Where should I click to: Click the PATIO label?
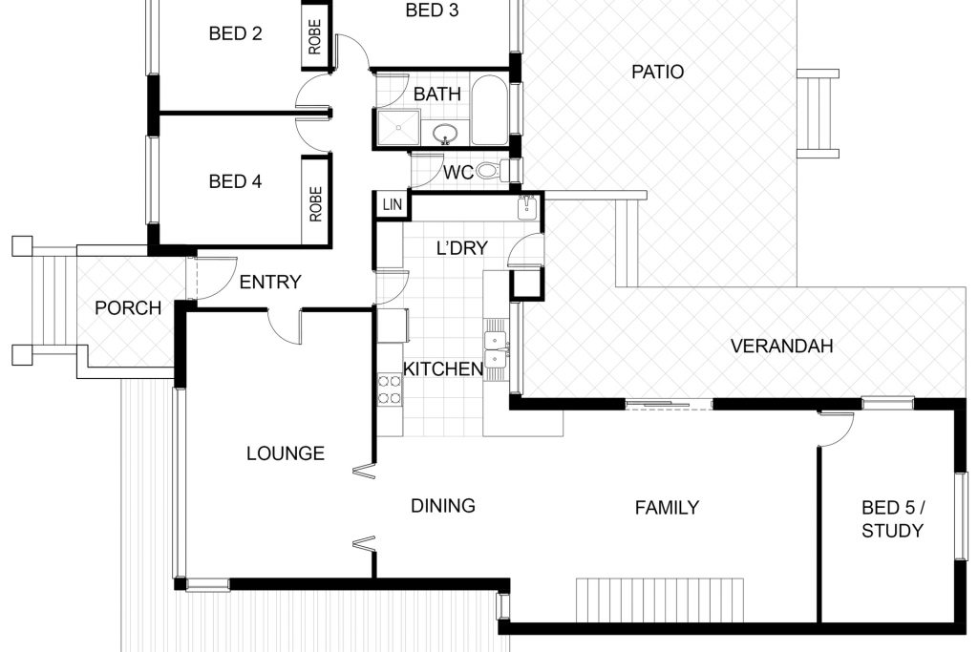pyautogui.click(x=657, y=72)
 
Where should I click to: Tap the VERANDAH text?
pyautogui.click(x=781, y=346)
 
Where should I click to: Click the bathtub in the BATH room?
pyautogui.click(x=490, y=111)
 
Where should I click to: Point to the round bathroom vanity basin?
pyautogui.click(x=445, y=133)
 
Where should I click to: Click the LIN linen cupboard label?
pyautogui.click(x=393, y=204)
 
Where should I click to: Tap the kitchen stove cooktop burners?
pyautogui.click(x=390, y=389)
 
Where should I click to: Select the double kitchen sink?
pyautogui.click(x=496, y=349)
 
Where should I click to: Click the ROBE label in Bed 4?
pyautogui.click(x=315, y=204)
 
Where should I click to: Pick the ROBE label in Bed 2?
pyautogui.click(x=314, y=37)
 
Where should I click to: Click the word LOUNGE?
pyautogui.click(x=285, y=453)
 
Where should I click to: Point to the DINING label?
pyautogui.click(x=443, y=506)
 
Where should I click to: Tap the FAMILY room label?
pyautogui.click(x=667, y=508)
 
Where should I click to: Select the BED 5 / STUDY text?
pyautogui.click(x=893, y=519)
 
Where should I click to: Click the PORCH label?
pyautogui.click(x=128, y=308)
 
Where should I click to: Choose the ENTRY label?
pyautogui.click(x=270, y=283)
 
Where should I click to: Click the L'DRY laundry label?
pyautogui.click(x=461, y=248)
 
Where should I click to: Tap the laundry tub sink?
pyautogui.click(x=527, y=207)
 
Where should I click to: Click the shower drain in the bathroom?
pyautogui.click(x=397, y=129)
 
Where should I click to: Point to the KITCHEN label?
pyautogui.click(x=443, y=369)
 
